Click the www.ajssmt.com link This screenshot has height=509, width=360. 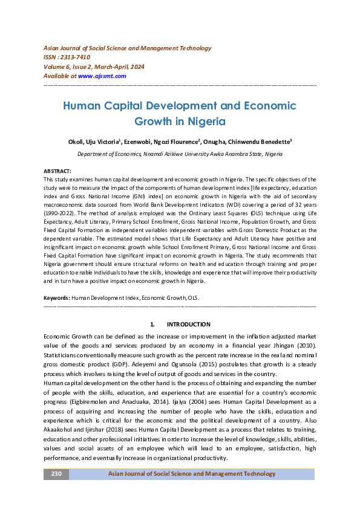pyautogui.click(x=102, y=76)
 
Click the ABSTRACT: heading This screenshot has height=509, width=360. pyautogui.click(x=57, y=172)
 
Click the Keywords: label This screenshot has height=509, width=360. pyautogui.click(x=57, y=299)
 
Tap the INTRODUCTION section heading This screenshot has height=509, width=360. pyautogui.click(x=188, y=325)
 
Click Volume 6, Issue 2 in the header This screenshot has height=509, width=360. pyautogui.click(x=71, y=66)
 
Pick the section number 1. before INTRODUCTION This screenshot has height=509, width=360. pyautogui.click(x=152, y=325)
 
